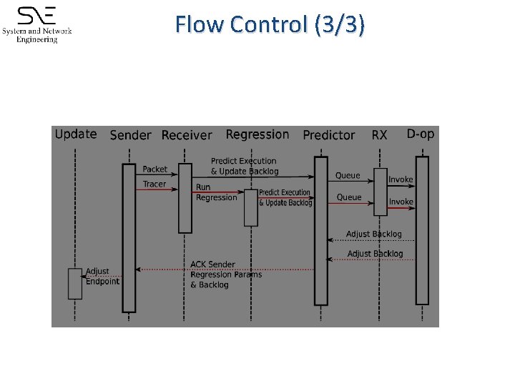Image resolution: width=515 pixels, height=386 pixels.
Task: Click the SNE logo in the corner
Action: (x=37, y=24)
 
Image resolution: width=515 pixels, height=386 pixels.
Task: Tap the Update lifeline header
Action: (x=76, y=134)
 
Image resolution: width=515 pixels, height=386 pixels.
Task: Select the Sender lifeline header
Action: (x=130, y=135)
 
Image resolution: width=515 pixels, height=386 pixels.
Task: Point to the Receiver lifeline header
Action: (x=187, y=135)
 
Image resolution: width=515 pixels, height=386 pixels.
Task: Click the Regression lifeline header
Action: (x=257, y=134)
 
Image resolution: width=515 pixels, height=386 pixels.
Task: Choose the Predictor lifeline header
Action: (x=328, y=135)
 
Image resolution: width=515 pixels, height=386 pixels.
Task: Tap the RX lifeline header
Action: (x=379, y=134)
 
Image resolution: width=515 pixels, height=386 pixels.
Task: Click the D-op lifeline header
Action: (x=421, y=134)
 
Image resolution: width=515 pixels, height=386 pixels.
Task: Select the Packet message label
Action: (x=154, y=169)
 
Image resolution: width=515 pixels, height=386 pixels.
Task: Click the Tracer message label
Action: (x=154, y=184)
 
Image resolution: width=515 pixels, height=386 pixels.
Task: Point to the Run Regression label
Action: (x=216, y=192)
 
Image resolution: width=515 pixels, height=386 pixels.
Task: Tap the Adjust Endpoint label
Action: (x=102, y=276)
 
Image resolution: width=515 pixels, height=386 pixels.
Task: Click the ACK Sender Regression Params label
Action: (x=225, y=274)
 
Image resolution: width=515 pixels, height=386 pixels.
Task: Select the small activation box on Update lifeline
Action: (x=75, y=283)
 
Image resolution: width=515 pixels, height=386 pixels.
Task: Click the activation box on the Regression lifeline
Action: (x=251, y=207)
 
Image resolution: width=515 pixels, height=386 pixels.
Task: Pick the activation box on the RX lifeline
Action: (x=380, y=192)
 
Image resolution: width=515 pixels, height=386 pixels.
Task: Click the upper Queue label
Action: (x=348, y=175)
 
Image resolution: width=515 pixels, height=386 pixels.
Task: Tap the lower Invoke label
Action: (x=401, y=202)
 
